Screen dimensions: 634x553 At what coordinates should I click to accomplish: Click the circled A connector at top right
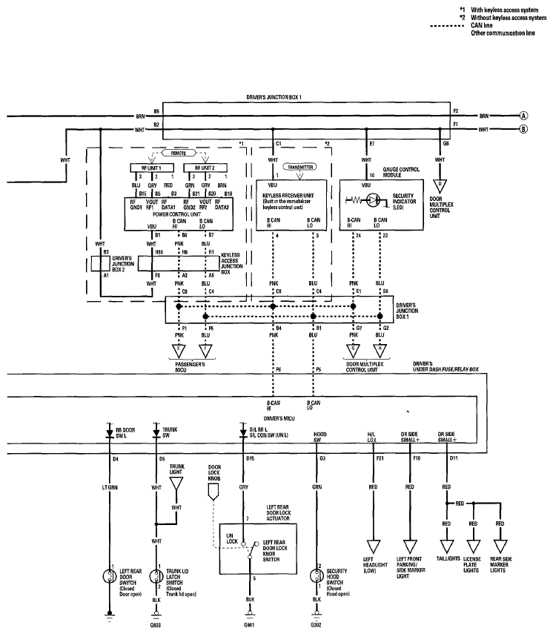click(x=523, y=116)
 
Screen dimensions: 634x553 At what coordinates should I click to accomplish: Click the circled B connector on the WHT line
click(x=523, y=130)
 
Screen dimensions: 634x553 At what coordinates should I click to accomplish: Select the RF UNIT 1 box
click(x=145, y=168)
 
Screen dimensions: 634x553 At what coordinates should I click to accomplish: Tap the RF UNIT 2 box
click(x=199, y=168)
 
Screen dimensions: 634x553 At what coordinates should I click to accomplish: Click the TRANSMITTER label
click(x=301, y=168)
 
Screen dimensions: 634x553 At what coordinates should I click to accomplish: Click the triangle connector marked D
click(x=440, y=183)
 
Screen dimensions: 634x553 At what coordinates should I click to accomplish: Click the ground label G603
click(x=156, y=626)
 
